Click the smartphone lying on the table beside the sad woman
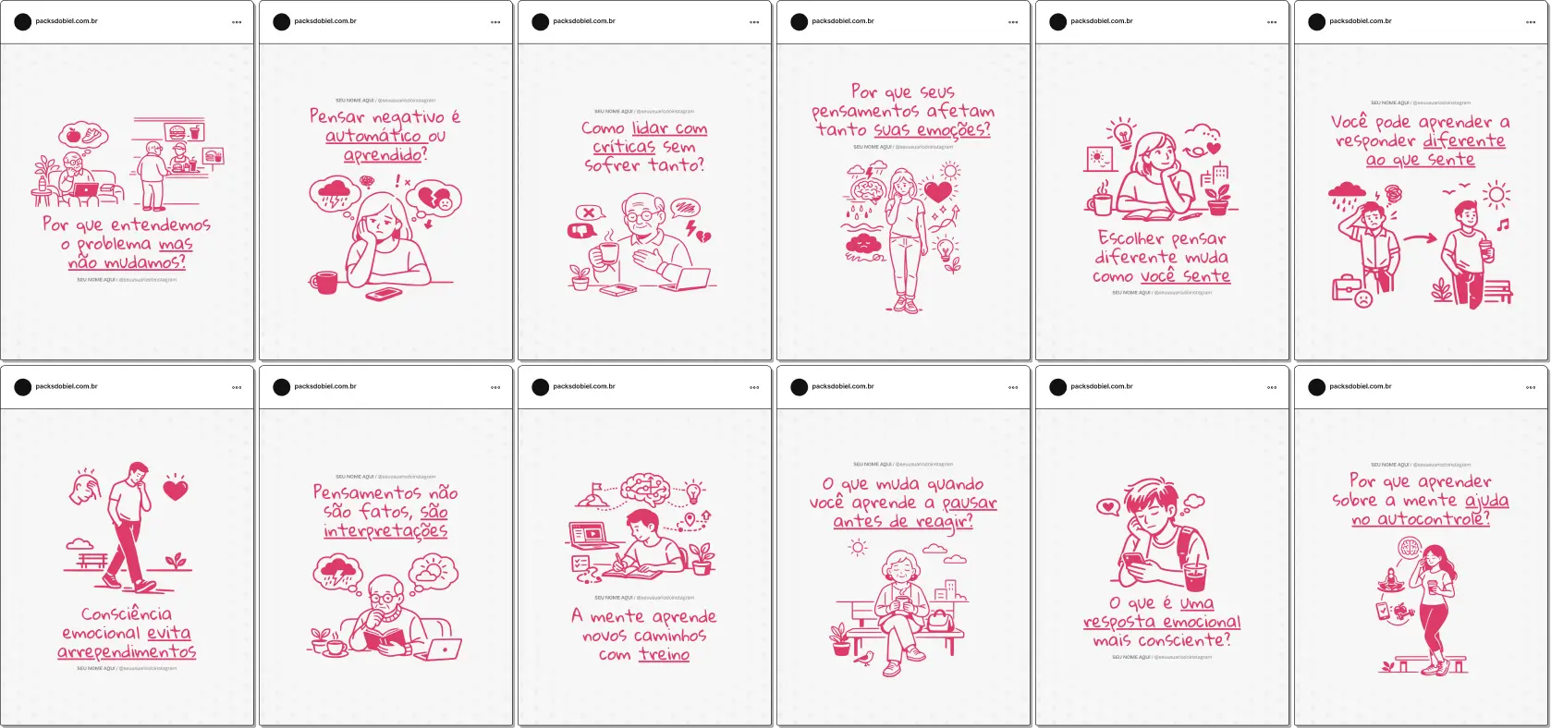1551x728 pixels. coord(384,294)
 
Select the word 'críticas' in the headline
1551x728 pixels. coord(624,147)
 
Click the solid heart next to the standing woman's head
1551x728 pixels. coord(938,191)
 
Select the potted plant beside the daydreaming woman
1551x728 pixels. coord(1219,197)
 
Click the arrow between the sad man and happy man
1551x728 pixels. coord(1420,238)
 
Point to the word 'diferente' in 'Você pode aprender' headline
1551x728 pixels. coord(1464,140)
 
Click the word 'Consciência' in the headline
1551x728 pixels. coord(127,614)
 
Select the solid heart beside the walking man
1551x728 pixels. coord(176,490)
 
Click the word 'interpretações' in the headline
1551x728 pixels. coord(385,531)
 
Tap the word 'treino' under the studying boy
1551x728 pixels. coord(664,654)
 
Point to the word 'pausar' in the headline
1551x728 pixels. coord(970,504)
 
